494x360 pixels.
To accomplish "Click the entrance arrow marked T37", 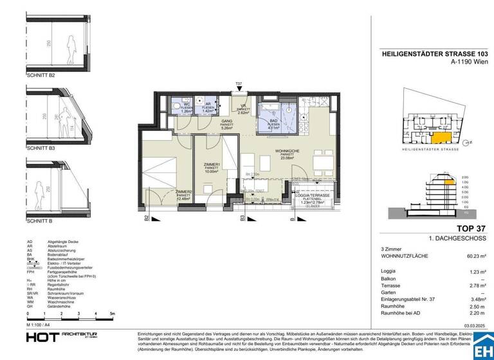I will click(239, 87).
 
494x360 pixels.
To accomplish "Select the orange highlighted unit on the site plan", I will click(441, 136).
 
